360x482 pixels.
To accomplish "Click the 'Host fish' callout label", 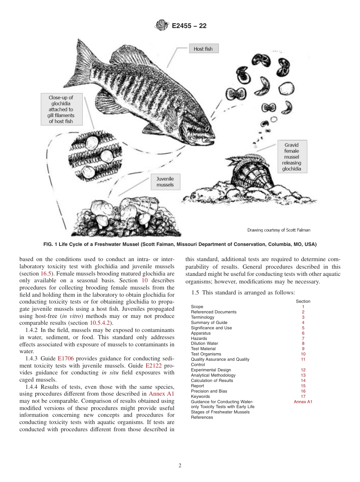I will click(x=203, y=49).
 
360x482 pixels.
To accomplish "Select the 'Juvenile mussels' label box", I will click(x=165, y=182).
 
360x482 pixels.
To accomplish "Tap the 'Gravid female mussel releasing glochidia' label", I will click(x=291, y=157).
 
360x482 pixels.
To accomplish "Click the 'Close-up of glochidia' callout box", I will click(x=61, y=110).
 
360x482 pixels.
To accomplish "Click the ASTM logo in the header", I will click(x=161, y=26).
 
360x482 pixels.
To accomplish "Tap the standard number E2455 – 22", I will click(x=189, y=26).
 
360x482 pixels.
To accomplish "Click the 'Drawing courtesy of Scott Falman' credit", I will click(x=279, y=230).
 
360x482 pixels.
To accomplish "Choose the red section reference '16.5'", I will click(x=46, y=273).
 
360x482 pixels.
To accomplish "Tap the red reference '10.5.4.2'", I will click(x=101, y=323).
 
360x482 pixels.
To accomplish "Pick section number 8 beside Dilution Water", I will click(x=303, y=344).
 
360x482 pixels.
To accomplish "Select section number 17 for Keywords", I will click(x=303, y=396).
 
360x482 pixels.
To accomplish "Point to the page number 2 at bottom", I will click(x=180, y=466).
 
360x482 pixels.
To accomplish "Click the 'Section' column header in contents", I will click(x=303, y=301).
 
